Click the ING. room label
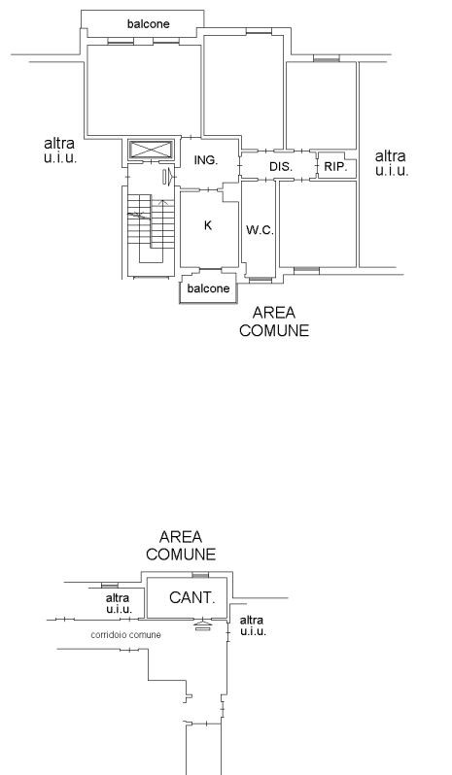[x=206, y=160]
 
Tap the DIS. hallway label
[x=281, y=167]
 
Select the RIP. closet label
[x=336, y=167]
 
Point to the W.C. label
[x=260, y=230]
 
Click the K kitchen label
[x=208, y=225]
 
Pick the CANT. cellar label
[x=192, y=597]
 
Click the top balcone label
[x=149, y=23]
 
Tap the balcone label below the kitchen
[x=209, y=288]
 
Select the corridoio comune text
[x=125, y=634]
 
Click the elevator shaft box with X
[x=151, y=150]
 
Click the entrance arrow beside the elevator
[x=168, y=177]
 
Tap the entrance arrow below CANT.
[x=202, y=625]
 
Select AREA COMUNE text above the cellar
[x=181, y=545]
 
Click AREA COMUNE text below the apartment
[x=274, y=321]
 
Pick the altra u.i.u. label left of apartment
[x=60, y=151]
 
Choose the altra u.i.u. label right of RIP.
[x=391, y=163]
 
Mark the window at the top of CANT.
[x=200, y=575]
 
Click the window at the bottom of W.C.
[x=261, y=281]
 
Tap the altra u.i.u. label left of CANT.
[x=119, y=603]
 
